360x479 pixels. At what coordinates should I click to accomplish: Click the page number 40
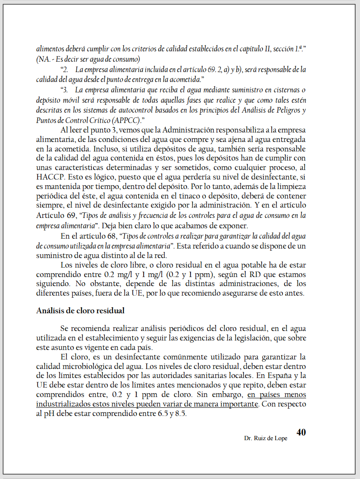click(x=301, y=432)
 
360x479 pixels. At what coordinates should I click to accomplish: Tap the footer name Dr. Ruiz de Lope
click(x=266, y=438)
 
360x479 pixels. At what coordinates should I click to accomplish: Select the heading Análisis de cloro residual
click(x=81, y=310)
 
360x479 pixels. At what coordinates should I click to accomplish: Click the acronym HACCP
click(x=51, y=176)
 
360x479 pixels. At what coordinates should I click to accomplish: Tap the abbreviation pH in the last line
click(x=49, y=413)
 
